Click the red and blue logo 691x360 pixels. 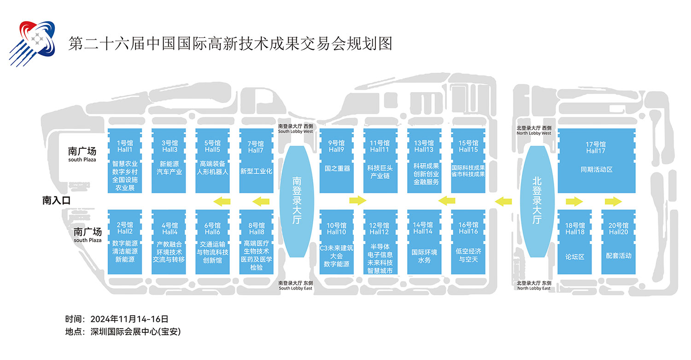pyautogui.click(x=32, y=43)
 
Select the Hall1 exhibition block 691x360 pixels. pyautogui.click(x=125, y=161)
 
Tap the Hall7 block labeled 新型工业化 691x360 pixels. pyautogui.click(x=256, y=161)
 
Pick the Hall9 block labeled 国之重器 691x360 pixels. pyautogui.click(x=337, y=161)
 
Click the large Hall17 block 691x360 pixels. pyautogui.click(x=597, y=161)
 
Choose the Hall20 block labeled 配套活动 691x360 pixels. pyautogui.click(x=619, y=242)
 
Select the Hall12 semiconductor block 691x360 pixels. pyautogui.click(x=381, y=242)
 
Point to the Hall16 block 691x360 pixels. pyautogui.click(x=468, y=242)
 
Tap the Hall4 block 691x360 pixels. pyautogui.click(x=169, y=242)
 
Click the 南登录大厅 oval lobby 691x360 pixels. pyautogui.click(x=297, y=201)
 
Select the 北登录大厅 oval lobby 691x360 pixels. pyautogui.click(x=537, y=201)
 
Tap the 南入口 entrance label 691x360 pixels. pyautogui.click(x=57, y=201)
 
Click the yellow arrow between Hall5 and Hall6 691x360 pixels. pyautogui.click(x=222, y=202)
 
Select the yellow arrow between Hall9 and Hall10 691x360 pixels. pyautogui.click(x=358, y=201)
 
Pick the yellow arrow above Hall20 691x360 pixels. pyautogui.click(x=613, y=202)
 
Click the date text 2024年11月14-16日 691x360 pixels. pyautogui.click(x=129, y=319)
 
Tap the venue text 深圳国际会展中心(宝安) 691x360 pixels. pyautogui.click(x=136, y=331)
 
